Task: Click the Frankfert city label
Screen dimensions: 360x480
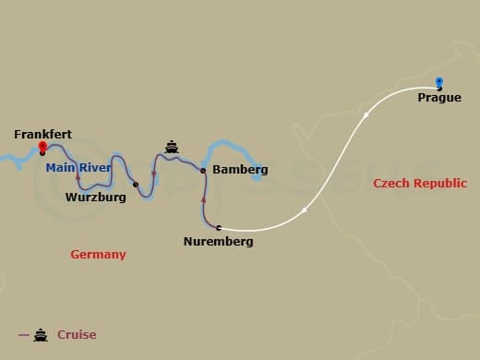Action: (x=43, y=134)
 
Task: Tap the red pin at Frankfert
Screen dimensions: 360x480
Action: (x=42, y=146)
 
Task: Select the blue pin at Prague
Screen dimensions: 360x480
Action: (x=438, y=82)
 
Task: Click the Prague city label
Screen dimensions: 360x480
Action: (x=439, y=97)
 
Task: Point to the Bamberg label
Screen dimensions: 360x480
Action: (x=240, y=170)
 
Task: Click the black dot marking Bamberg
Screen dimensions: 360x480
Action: (x=203, y=170)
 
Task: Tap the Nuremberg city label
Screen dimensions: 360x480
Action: (x=219, y=242)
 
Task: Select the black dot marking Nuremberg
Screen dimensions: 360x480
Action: (x=219, y=227)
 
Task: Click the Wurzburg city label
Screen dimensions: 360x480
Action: (x=95, y=196)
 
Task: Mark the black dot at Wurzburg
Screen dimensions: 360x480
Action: (x=136, y=185)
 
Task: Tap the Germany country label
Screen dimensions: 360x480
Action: (x=98, y=254)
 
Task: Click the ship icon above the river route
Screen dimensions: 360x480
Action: (x=172, y=146)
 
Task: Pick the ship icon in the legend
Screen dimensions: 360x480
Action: (x=41, y=335)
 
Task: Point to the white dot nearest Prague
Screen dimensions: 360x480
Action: (x=366, y=114)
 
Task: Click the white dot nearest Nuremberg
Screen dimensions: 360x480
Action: (x=305, y=211)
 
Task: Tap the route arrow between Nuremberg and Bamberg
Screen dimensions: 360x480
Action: (x=203, y=198)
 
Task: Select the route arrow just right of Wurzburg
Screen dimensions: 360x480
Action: (x=153, y=174)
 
